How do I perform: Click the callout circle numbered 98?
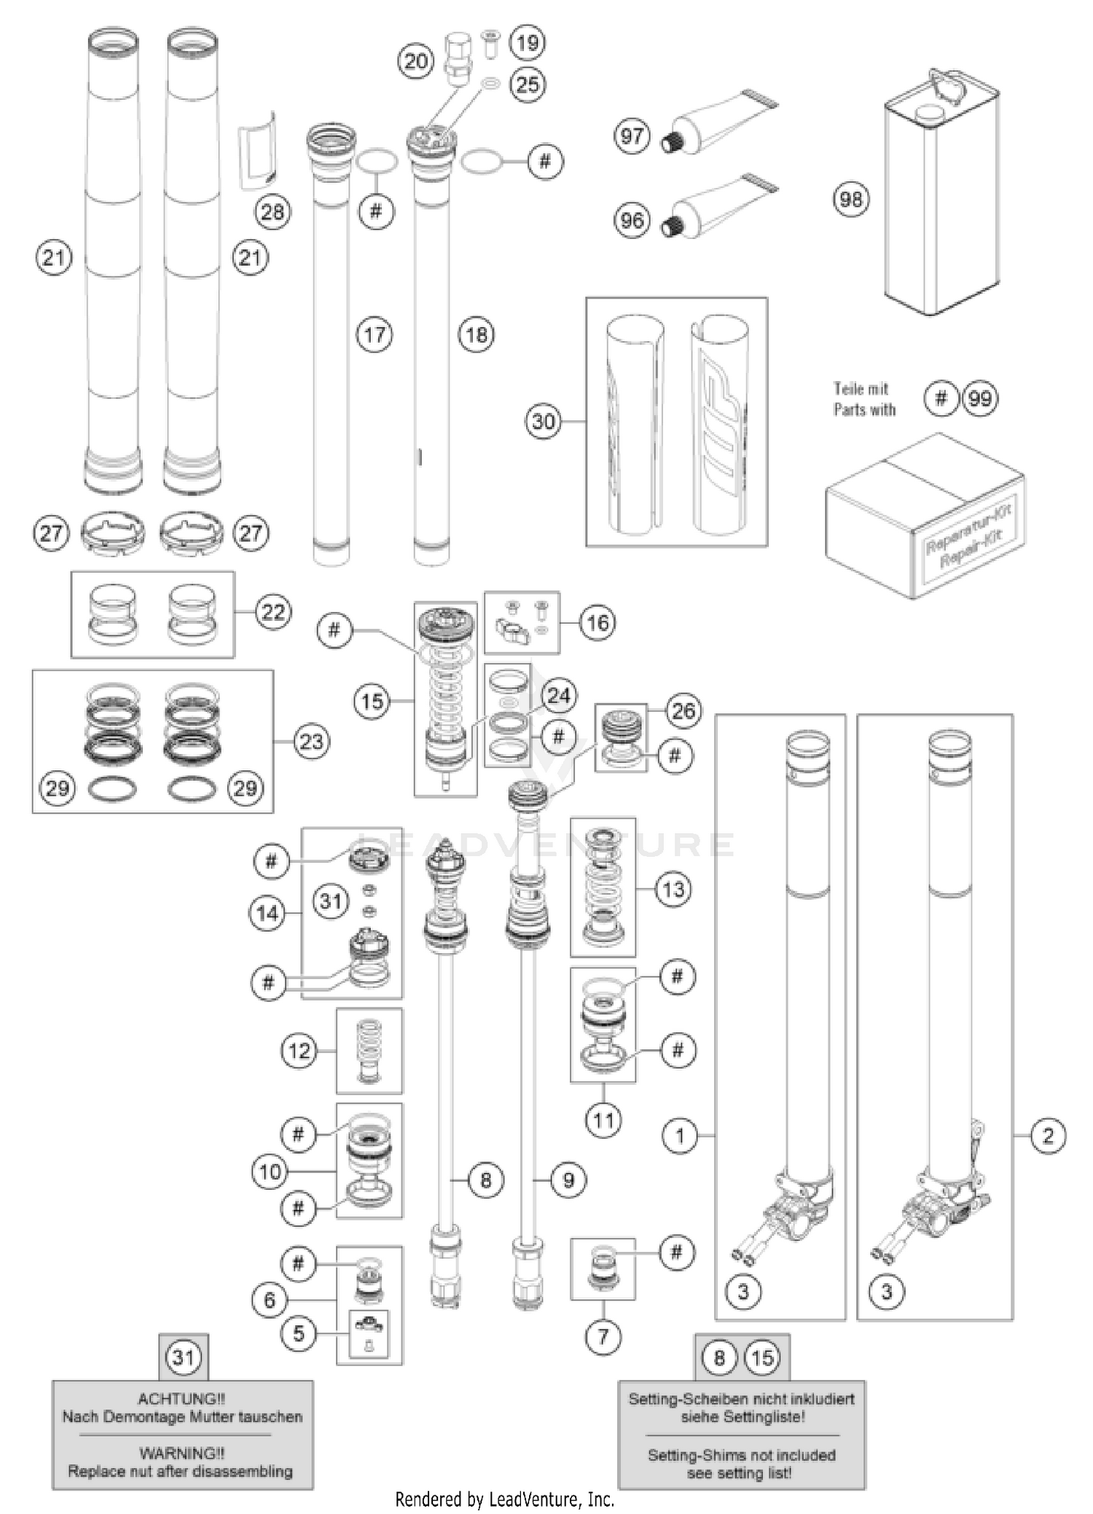pos(850,199)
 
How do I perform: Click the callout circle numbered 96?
pos(632,219)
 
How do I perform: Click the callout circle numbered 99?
pos(980,399)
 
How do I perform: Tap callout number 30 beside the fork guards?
pos(544,421)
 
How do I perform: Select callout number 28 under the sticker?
pos(273,212)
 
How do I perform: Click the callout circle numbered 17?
pos(375,334)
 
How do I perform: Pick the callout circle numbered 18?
pos(477,334)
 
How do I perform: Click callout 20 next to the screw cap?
pos(415,61)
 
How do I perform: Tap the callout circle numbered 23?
pos(312,742)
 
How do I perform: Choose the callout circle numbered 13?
pos(673,889)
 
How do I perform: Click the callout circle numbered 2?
pos(1048,1135)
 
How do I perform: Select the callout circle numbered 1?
pos(680,1135)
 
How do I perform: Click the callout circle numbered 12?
pos(299,1051)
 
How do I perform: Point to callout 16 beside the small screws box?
pos(598,622)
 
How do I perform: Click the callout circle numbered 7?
pos(603,1337)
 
